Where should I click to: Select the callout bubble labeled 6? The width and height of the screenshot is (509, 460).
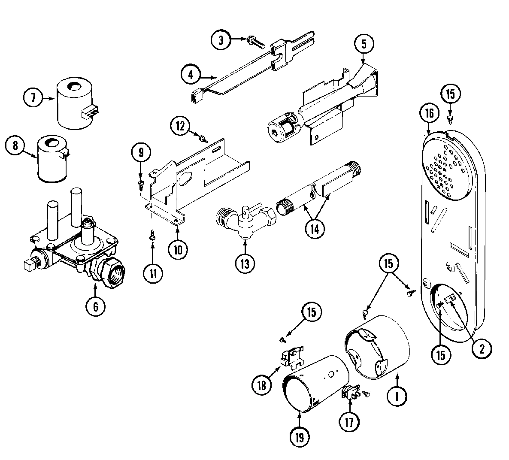coord(95,306)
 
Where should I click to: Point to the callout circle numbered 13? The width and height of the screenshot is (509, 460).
coord(244,263)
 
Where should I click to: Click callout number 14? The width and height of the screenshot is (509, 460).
coord(315,228)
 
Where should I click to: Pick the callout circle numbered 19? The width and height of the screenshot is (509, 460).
coord(299,437)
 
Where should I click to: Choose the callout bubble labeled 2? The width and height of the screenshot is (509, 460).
coord(481,348)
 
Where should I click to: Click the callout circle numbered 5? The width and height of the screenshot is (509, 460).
coord(364,43)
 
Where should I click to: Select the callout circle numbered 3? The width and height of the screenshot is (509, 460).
coord(221,41)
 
